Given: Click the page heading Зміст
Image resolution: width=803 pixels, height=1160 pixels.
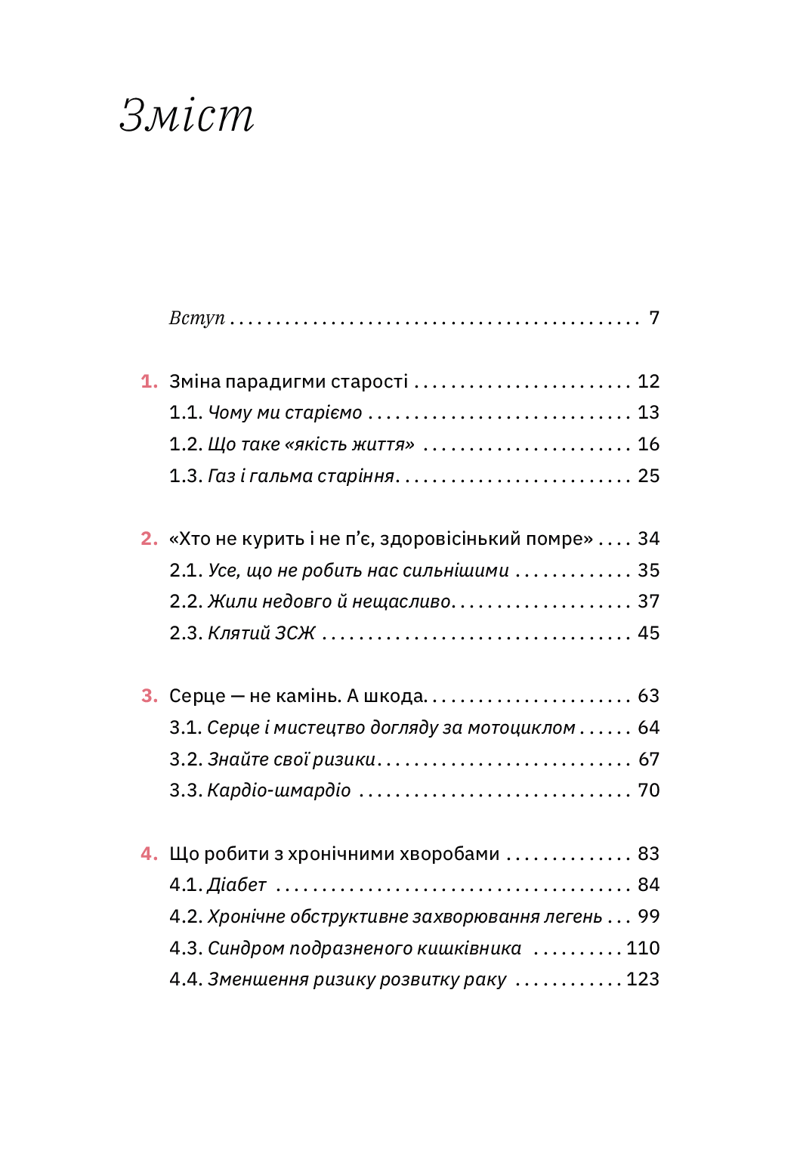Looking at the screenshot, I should click(x=187, y=116).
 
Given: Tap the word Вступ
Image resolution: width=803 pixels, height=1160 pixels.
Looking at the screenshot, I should click(x=196, y=318).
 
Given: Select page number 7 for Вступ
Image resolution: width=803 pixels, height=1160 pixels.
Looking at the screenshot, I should click(x=654, y=318).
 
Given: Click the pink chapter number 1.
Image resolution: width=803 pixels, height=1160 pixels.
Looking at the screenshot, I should click(x=149, y=382).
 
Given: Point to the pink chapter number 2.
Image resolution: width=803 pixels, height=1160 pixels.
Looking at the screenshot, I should click(x=149, y=539).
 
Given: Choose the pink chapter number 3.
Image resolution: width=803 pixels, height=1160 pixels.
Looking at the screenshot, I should click(x=149, y=696).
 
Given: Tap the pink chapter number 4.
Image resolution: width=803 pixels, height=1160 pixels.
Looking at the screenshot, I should click(x=149, y=854).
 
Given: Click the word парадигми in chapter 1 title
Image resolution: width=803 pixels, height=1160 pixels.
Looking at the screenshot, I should click(x=279, y=382).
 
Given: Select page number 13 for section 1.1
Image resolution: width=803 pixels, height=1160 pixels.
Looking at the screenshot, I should click(x=648, y=413).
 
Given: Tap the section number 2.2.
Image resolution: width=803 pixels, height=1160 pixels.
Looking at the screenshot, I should click(x=186, y=602).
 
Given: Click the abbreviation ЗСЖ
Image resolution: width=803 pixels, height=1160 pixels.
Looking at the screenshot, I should click(x=295, y=633).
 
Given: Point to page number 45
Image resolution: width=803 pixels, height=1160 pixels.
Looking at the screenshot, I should click(x=648, y=633).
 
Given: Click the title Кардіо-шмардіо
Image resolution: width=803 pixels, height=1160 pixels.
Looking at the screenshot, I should click(x=279, y=790).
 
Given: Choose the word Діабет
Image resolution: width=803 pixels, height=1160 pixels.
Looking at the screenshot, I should click(x=237, y=885).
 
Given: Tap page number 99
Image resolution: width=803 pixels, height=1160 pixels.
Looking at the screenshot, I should click(x=648, y=917).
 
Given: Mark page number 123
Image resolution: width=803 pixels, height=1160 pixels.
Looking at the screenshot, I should click(x=643, y=979).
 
